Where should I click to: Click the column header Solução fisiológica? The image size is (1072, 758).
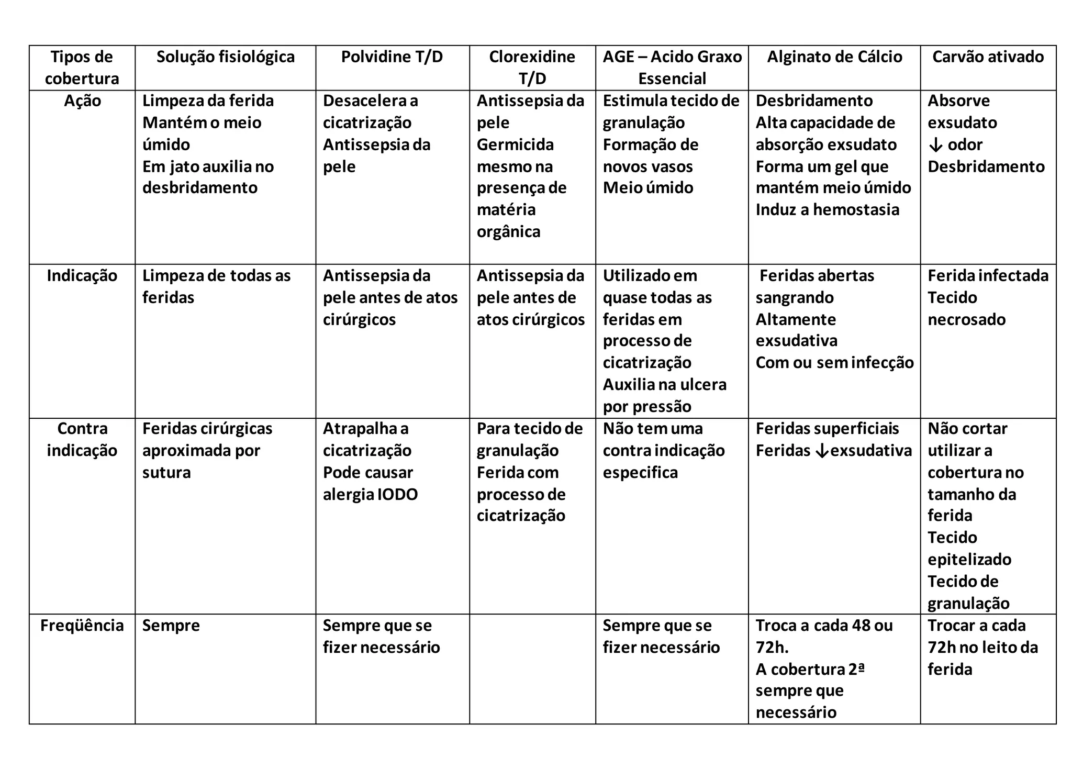coord(225,57)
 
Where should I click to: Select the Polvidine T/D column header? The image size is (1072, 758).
coord(392,57)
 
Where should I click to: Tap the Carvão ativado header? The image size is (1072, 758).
coord(988,57)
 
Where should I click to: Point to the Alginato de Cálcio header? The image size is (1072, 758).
coord(834,57)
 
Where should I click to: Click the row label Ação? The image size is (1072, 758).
coord(82,101)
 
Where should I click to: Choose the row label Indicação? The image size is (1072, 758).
coord(82,276)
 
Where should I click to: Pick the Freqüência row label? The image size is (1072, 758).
coord(82,626)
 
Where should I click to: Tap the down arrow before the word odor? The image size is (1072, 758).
coord(935,145)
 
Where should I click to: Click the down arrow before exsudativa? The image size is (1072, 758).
coord(822,451)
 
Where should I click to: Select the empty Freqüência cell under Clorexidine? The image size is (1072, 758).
coord(532,668)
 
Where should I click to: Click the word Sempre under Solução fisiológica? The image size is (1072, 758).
coord(171,626)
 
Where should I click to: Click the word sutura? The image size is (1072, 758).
coord(166,473)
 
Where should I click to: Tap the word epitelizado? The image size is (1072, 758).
coord(969,560)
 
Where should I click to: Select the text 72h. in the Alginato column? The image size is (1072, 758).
coord(772,648)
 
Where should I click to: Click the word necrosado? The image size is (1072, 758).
coord(966,320)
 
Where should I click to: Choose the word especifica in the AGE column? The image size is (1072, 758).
coord(640,473)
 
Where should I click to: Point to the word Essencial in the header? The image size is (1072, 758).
coord(672,79)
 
